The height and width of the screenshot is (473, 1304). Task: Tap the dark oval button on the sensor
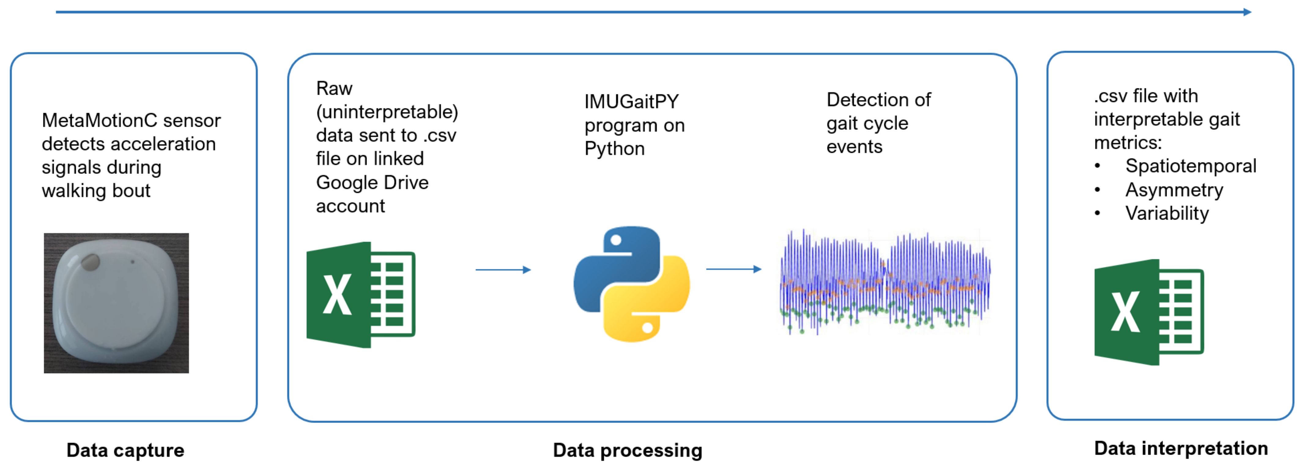pos(91,262)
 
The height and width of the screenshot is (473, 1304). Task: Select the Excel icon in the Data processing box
pos(361,295)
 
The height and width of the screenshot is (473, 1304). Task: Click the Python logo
pos(631,284)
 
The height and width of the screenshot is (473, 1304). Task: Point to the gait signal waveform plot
pos(884,282)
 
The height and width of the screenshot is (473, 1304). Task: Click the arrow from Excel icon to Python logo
pos(503,269)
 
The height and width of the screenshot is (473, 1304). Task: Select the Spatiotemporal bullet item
pos(1190,166)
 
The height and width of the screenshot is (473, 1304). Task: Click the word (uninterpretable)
pos(387,112)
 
